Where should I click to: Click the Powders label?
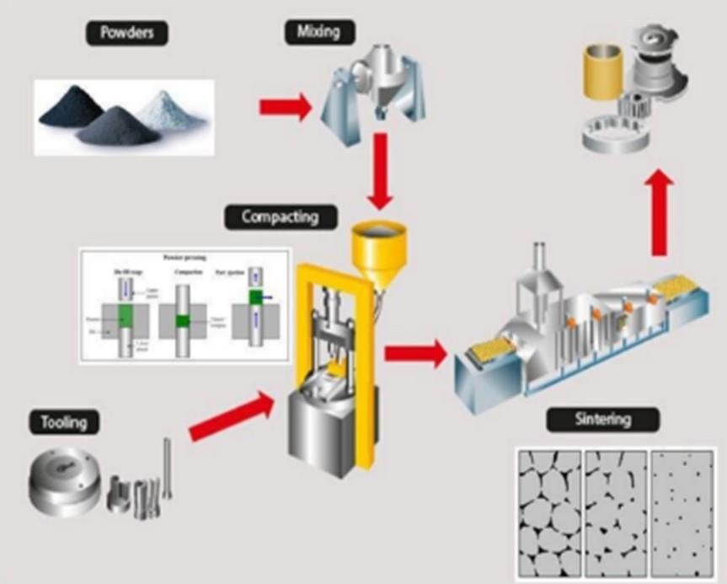pyautogui.click(x=127, y=34)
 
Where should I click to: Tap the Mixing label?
pyautogui.click(x=318, y=33)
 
